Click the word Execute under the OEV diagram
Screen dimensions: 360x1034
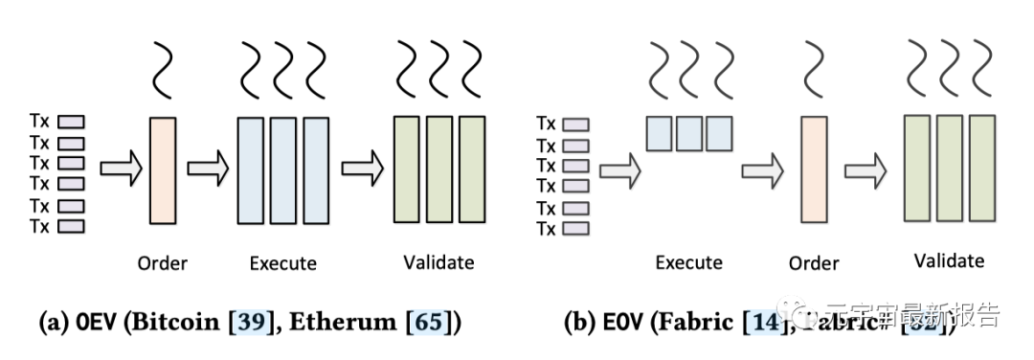pyautogui.click(x=282, y=262)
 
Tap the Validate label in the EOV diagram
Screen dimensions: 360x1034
pyautogui.click(x=948, y=260)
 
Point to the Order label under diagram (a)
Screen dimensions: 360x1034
pyautogui.click(x=163, y=262)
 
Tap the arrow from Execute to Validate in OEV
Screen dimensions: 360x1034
pyautogui.click(x=362, y=169)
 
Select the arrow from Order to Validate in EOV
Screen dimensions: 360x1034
pyautogui.click(x=865, y=170)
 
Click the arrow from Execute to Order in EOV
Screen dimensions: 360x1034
pyautogui.click(x=761, y=170)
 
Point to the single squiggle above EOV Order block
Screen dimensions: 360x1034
pyautogui.click(x=813, y=70)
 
